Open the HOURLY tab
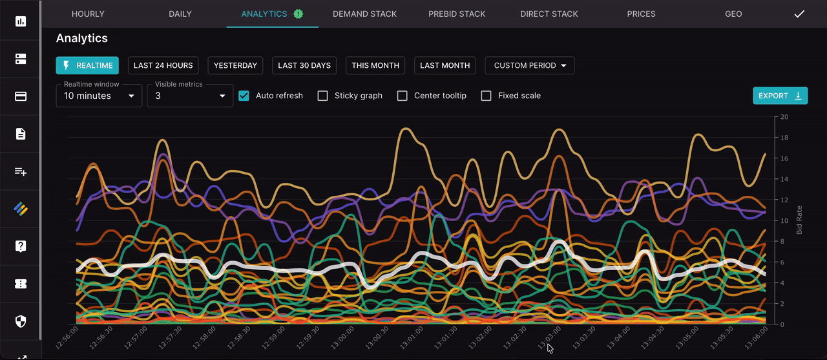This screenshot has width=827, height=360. coord(88,14)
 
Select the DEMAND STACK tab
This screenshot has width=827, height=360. coord(364,14)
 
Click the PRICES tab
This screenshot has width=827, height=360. coord(641,14)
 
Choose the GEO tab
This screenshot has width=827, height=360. coord(733,14)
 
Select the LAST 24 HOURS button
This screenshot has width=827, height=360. coord(163,65)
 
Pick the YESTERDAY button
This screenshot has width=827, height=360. coord(235,65)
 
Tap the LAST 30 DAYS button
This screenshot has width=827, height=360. coord(304,65)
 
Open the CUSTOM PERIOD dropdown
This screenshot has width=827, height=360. coord(529,65)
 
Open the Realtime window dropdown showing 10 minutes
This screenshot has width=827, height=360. coord(99,96)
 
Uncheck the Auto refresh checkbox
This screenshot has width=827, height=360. coord(244,96)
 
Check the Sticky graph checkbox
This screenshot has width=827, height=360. coord(323,96)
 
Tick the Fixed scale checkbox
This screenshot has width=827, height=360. coord(487,96)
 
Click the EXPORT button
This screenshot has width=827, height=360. coord(780,96)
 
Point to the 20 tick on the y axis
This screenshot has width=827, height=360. coord(784,117)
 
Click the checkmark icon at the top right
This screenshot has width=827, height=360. coord(799,14)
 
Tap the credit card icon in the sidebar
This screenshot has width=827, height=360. coord(21,97)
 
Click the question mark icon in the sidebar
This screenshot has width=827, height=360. coord(21,246)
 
